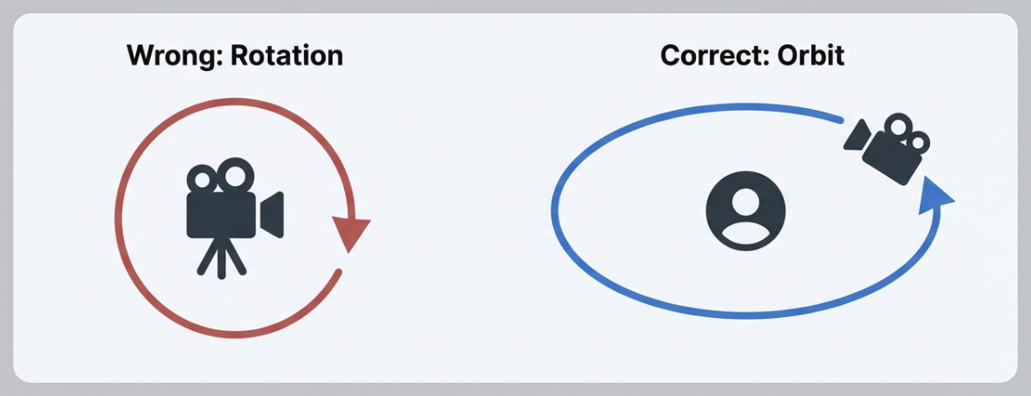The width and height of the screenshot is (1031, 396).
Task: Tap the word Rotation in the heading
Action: [286, 56]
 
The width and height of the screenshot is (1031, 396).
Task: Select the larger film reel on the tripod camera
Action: [235, 175]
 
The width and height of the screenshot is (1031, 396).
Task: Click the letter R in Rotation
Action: [239, 56]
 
